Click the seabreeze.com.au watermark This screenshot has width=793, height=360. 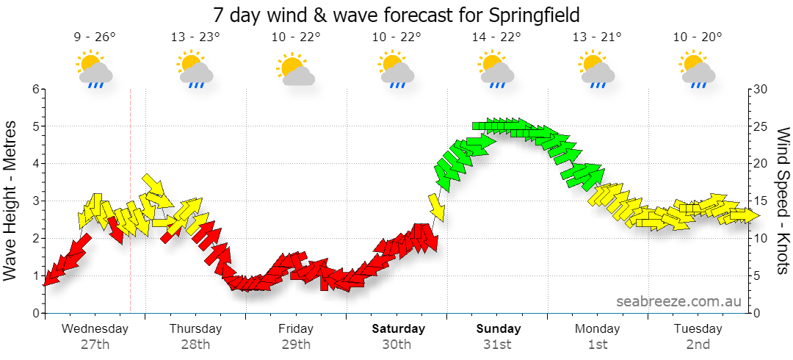678,301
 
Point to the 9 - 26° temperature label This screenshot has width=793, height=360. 95,37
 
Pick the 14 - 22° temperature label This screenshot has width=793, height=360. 496,37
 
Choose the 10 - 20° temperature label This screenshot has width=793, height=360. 698,37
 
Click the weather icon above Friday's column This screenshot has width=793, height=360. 295,69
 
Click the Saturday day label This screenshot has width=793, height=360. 399,328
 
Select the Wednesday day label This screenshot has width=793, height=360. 95,328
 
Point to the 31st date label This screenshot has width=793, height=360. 496,345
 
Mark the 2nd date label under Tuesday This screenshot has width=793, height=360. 698,345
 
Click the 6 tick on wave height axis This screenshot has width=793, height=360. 35,89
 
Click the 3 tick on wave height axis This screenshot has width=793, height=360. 35,201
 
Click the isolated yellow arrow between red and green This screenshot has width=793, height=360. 436,208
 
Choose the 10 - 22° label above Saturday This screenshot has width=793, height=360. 396,37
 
